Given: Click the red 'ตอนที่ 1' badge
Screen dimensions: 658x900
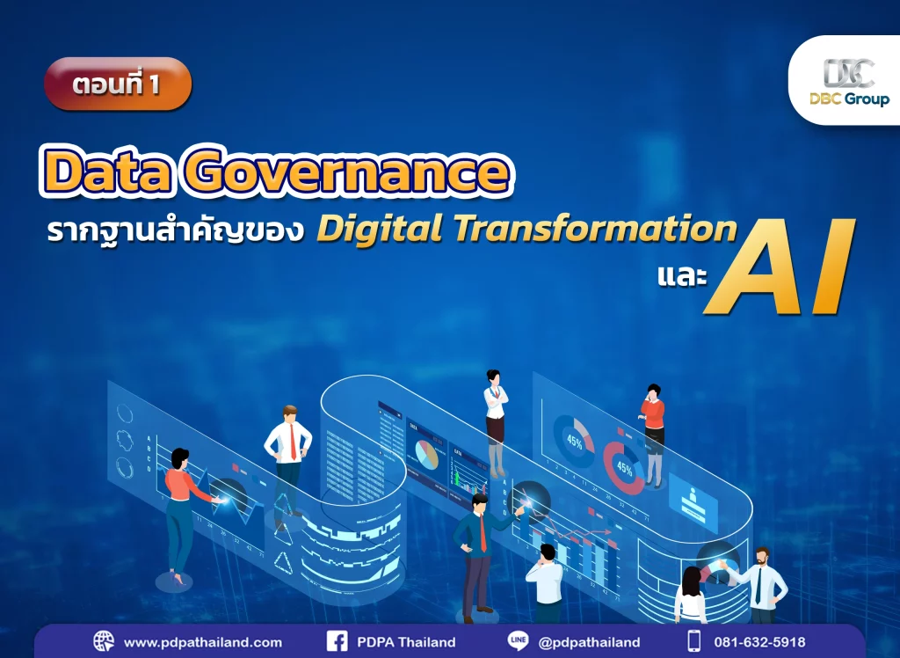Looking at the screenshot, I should (x=117, y=84).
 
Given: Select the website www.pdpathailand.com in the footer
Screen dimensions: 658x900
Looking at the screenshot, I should (x=202, y=641).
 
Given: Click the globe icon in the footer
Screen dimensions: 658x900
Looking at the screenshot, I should (x=104, y=641).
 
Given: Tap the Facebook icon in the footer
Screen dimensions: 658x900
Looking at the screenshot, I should (x=337, y=641).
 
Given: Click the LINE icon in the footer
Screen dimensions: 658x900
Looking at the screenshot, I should (x=518, y=641).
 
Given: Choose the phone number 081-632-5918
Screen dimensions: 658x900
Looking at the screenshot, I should (x=758, y=641).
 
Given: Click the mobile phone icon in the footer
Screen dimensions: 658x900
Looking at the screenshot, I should (x=694, y=641).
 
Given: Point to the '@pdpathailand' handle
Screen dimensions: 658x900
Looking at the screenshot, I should (x=588, y=641).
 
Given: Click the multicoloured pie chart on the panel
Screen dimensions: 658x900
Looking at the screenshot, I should (x=427, y=454).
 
